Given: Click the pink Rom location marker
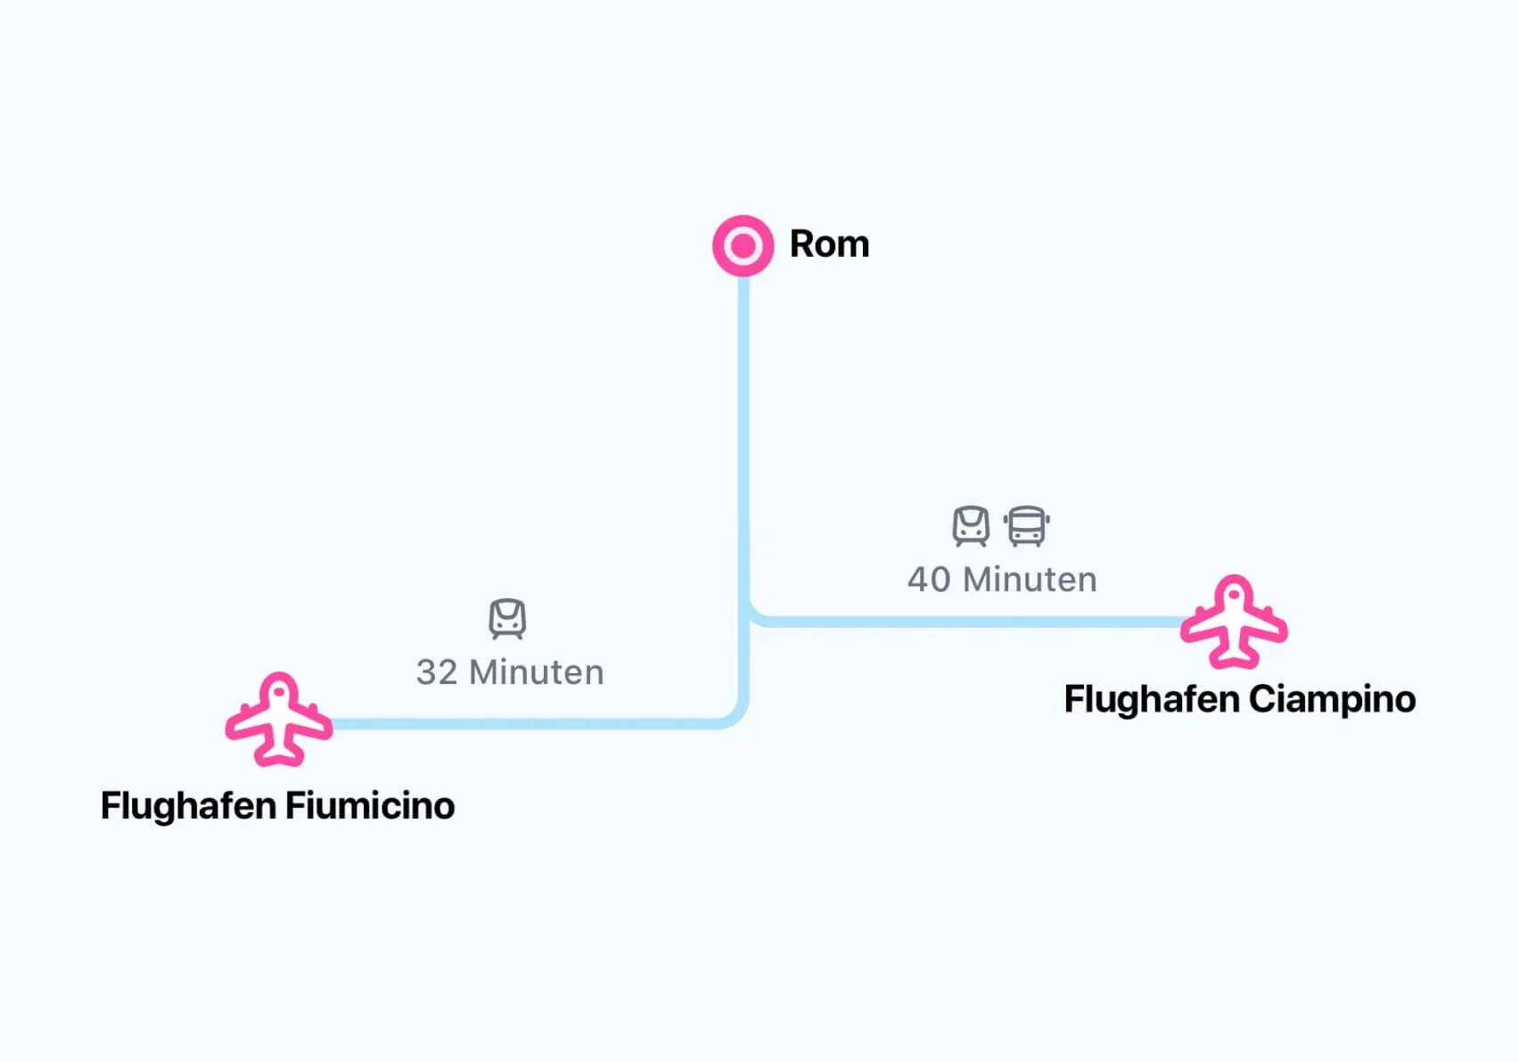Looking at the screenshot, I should click(x=743, y=245).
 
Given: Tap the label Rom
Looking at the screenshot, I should click(x=829, y=244).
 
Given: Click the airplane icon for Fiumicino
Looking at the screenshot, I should click(x=279, y=720).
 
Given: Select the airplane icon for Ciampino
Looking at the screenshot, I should click(x=1234, y=622).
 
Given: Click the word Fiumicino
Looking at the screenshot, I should click(x=370, y=806).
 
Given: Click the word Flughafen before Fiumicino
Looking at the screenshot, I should click(x=188, y=806).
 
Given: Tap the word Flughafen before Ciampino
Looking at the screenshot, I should click(x=1151, y=699).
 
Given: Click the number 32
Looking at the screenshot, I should click(x=437, y=672).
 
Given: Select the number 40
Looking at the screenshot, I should click(x=929, y=580).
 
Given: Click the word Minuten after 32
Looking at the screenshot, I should click(x=537, y=672).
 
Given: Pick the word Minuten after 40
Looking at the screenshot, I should click(x=1030, y=580).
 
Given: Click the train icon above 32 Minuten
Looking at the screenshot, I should click(x=507, y=619).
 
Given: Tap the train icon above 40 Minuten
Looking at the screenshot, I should click(x=971, y=526).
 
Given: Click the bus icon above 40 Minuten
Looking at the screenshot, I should click(x=1026, y=526).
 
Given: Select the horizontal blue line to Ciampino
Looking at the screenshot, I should click(x=972, y=622).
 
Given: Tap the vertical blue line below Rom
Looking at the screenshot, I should click(x=743, y=428).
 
